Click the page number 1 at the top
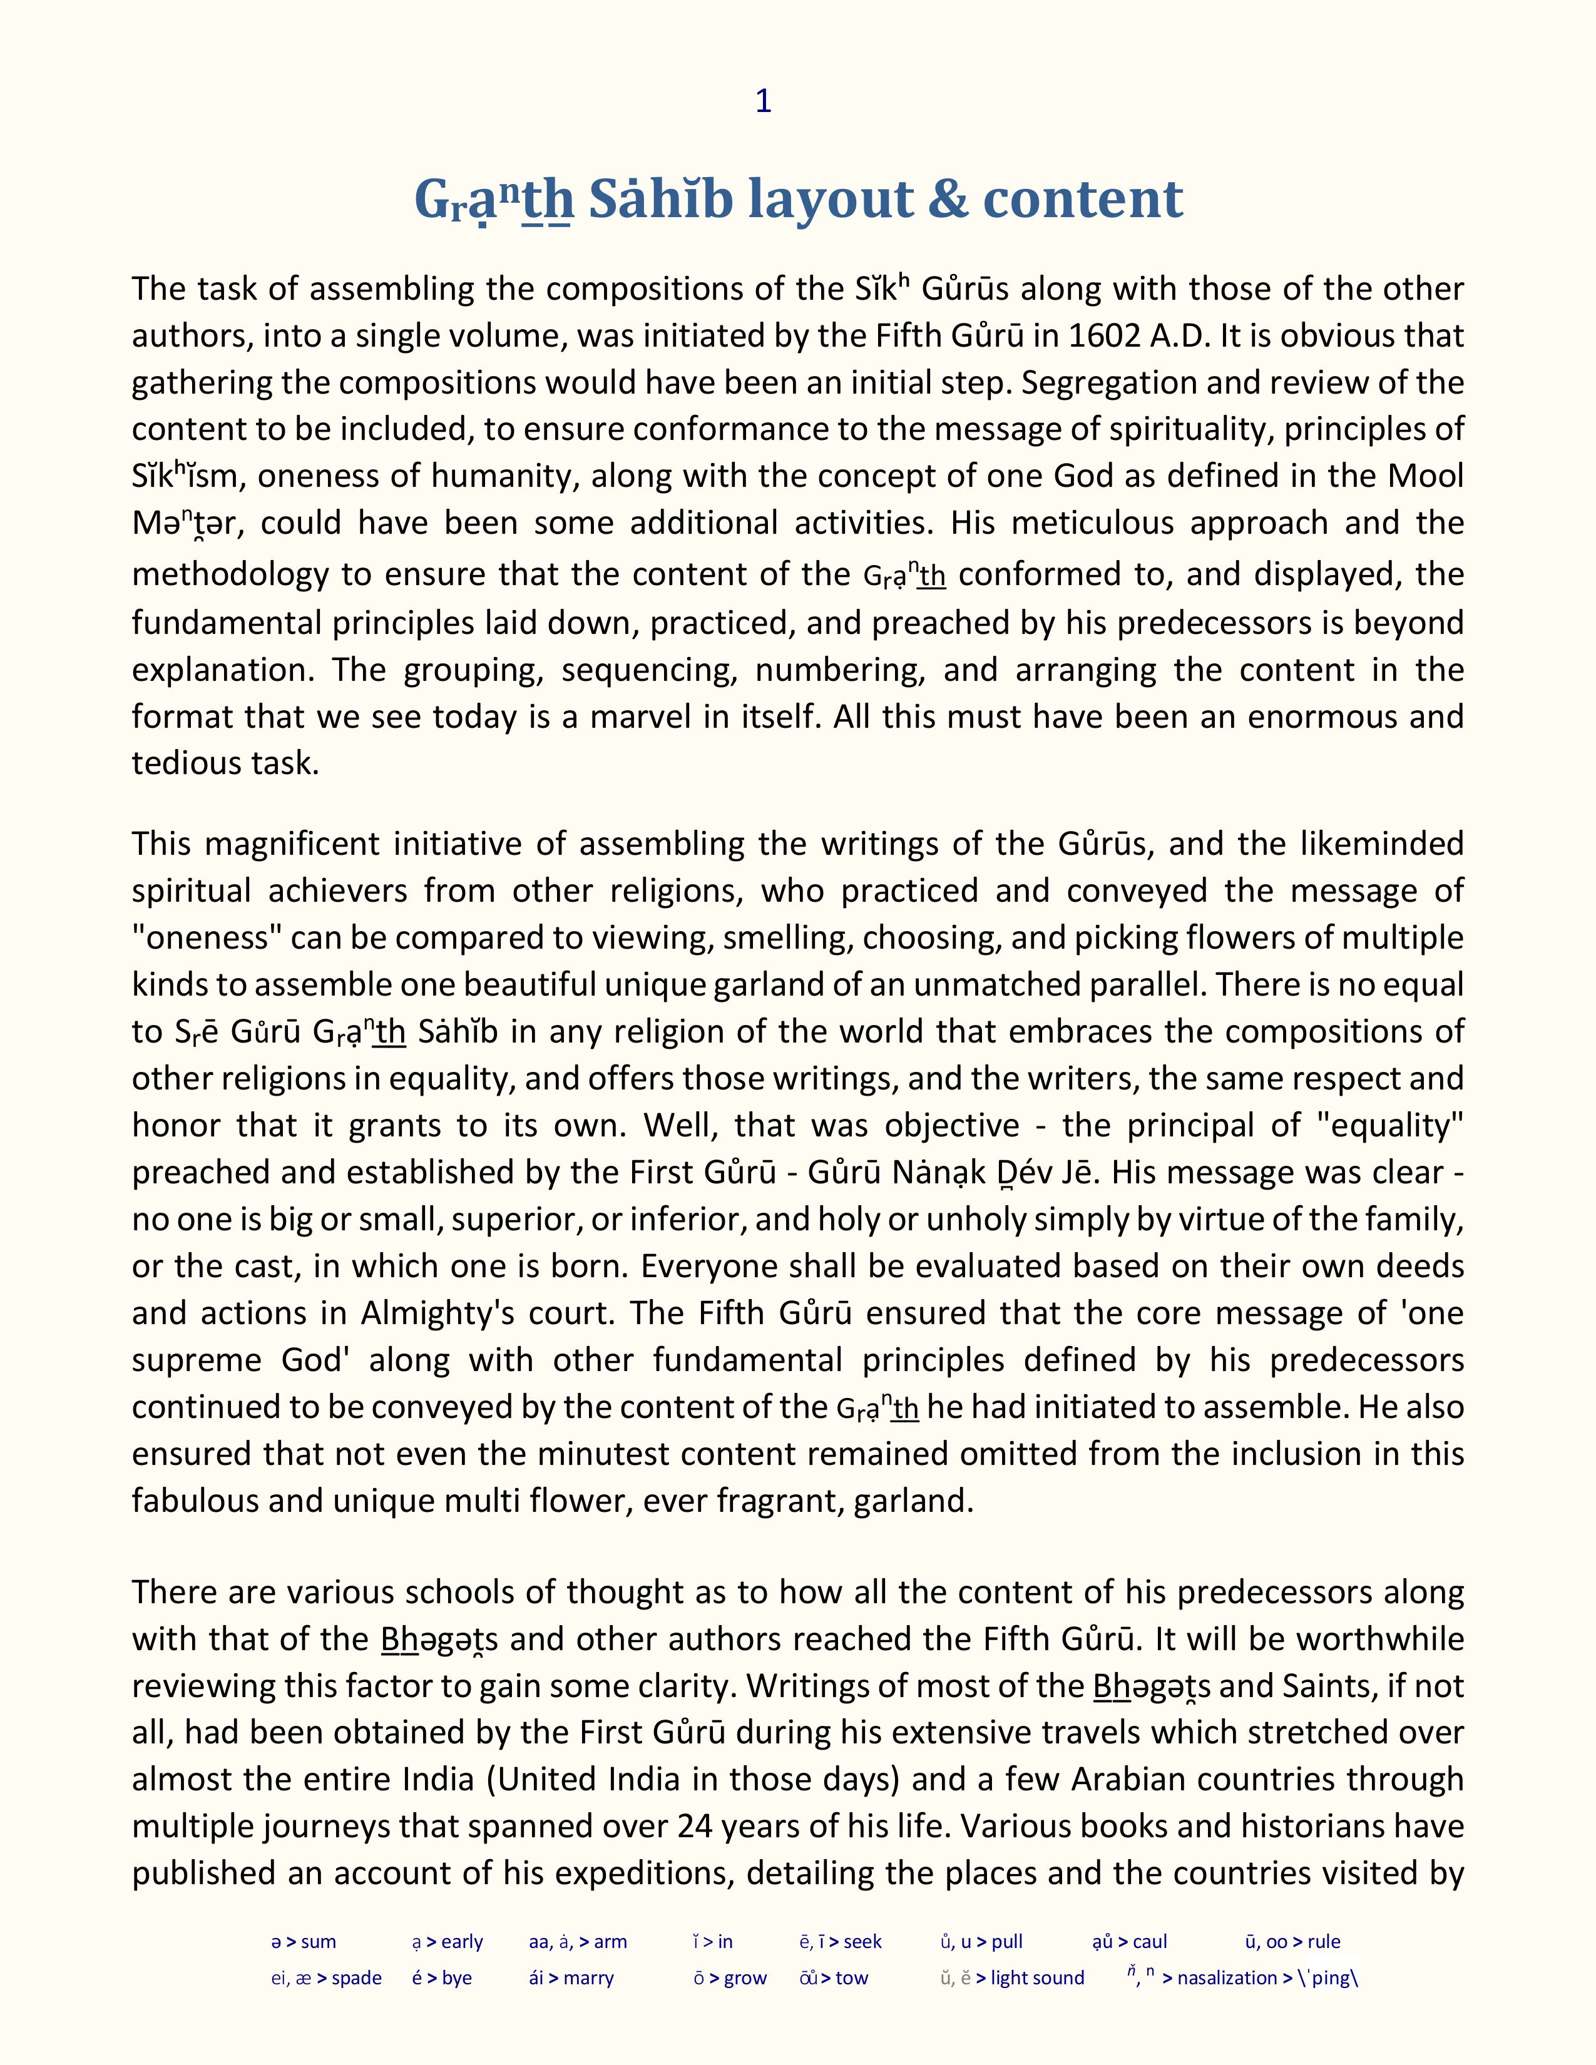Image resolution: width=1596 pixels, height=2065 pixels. pyautogui.click(x=763, y=101)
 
